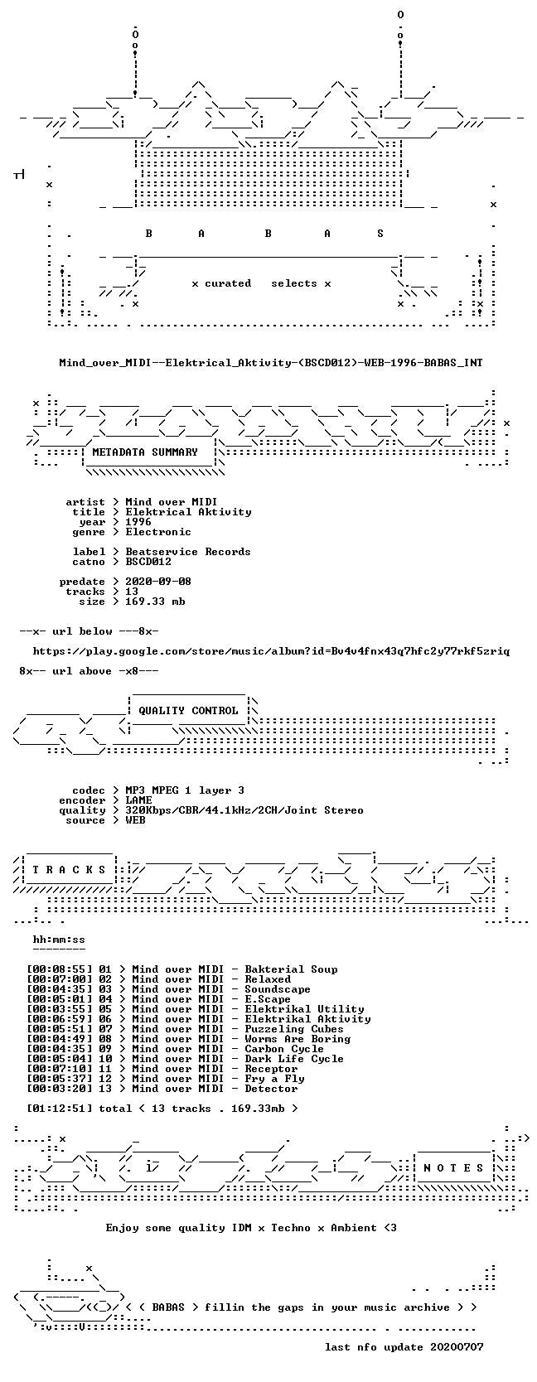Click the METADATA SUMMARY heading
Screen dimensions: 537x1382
pyautogui.click(x=145, y=452)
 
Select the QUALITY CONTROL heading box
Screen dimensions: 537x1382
pyautogui.click(x=188, y=711)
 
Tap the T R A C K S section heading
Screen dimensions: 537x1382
pyautogui.click(x=69, y=870)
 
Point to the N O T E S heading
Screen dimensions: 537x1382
pyautogui.click(x=453, y=1168)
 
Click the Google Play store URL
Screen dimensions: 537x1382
pyautogui.click(x=271, y=651)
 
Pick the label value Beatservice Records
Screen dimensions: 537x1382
pyautogui.click(x=187, y=552)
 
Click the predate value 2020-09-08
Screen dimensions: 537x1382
pyautogui.click(x=158, y=581)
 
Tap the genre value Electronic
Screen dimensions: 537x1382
pyautogui.click(x=158, y=532)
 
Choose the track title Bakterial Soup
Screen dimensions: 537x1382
pyautogui.click(x=292, y=969)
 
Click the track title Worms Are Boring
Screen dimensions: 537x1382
pyautogui.click(x=298, y=1038)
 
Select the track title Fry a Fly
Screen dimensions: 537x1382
pyautogui.click(x=274, y=1079)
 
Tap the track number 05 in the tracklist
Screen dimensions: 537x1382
pyautogui.click(x=105, y=1008)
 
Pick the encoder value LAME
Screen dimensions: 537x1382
pyautogui.click(x=138, y=800)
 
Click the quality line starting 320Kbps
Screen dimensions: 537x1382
pyautogui.click(x=244, y=810)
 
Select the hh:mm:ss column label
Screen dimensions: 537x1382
pyautogui.click(x=59, y=940)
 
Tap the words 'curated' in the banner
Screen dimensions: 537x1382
pyautogui.click(x=228, y=284)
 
